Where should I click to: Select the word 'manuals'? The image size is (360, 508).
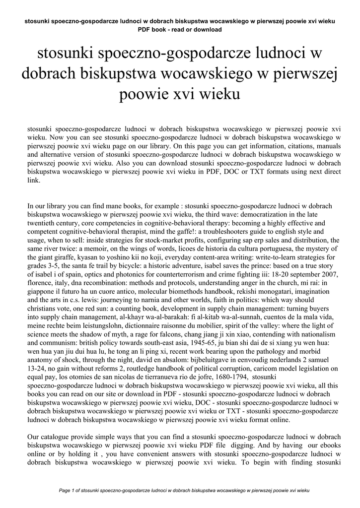click(x=326, y=146)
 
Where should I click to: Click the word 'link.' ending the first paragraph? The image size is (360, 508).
click(x=33, y=181)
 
